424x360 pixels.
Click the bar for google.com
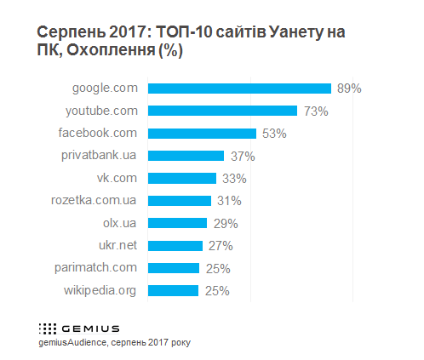pos(239,88)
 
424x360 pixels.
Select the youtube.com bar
pos(222,111)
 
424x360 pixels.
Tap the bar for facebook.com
pos(202,133)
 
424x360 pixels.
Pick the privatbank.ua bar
pos(186,156)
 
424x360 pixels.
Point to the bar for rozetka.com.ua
pos(180,201)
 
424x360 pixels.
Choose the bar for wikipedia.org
pos(173,290)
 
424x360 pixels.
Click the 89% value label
pos(349,88)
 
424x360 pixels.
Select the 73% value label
pos(315,111)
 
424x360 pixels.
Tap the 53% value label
pos(274,133)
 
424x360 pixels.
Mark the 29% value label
pos(225,223)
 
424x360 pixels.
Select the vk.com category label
pos(117,178)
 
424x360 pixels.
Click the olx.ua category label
pos(119,223)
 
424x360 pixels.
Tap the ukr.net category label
pos(117,246)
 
